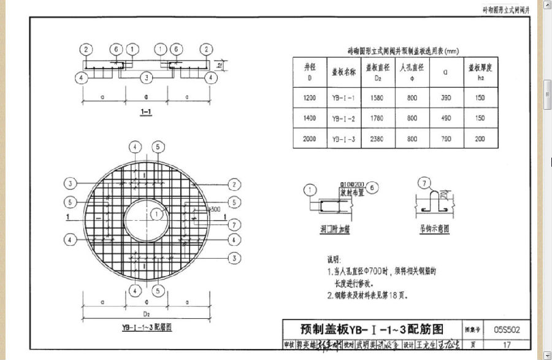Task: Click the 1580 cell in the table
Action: coord(378,98)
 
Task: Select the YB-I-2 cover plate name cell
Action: coord(343,118)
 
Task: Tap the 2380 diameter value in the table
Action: coord(378,139)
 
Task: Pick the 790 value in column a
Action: coord(445,139)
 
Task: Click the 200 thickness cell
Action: coord(480,139)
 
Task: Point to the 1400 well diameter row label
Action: coord(310,118)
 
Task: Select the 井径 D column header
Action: coord(310,72)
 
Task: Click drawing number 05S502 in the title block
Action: coord(507,330)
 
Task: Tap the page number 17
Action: coord(507,344)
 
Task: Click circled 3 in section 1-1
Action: coord(147,77)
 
